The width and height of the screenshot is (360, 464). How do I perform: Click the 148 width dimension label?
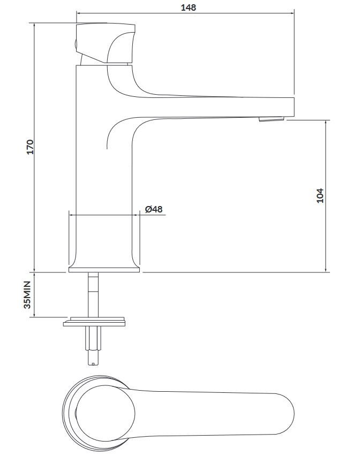(189, 7)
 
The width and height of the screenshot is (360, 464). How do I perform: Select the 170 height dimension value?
(31, 147)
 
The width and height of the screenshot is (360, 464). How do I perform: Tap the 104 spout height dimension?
(320, 195)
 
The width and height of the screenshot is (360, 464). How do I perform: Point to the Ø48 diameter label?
(154, 209)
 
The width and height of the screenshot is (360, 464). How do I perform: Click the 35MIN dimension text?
(27, 295)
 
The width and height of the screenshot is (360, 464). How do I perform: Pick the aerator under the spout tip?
(272, 119)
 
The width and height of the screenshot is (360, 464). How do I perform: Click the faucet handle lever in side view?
(106, 43)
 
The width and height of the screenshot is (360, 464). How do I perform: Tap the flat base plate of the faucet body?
(104, 270)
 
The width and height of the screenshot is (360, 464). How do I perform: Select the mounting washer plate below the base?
(94, 323)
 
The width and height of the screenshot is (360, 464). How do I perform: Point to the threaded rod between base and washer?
(93, 295)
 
